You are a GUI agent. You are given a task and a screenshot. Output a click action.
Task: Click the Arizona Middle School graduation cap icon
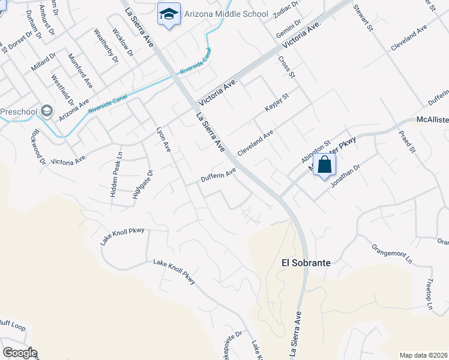pos(169,13)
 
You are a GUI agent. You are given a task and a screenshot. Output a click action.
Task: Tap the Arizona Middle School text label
pos(218,13)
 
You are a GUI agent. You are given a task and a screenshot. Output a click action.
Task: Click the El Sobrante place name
pos(306,263)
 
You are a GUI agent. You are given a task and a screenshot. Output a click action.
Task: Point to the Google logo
pos(20,353)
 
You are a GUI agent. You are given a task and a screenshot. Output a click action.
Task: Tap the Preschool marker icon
pos(47,112)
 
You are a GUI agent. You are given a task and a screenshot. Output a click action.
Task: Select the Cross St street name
pos(287,67)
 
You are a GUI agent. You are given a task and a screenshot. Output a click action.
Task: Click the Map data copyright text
pos(423,355)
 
